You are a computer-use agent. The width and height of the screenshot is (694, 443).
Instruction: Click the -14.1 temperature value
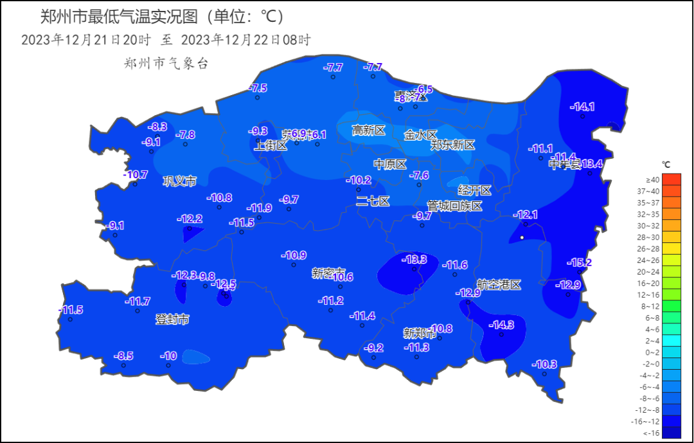pyautogui.click(x=583, y=107)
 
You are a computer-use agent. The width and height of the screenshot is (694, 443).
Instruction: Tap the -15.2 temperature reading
pyautogui.click(x=579, y=262)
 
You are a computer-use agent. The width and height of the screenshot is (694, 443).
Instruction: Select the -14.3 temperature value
pyautogui.click(x=501, y=325)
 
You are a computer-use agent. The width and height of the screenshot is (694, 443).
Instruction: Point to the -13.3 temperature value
pyautogui.click(x=414, y=260)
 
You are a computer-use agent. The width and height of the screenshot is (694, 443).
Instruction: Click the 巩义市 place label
pyautogui.click(x=179, y=181)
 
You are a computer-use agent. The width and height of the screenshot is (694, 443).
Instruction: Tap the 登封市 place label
pyautogui.click(x=172, y=320)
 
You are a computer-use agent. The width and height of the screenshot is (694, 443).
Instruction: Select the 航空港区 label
pyautogui.click(x=499, y=285)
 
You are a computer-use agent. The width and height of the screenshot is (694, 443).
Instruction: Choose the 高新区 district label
pyautogui.click(x=368, y=131)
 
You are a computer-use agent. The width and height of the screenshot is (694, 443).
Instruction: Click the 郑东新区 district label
pyautogui.click(x=452, y=145)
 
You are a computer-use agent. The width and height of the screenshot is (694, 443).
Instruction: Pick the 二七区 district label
pyautogui.click(x=373, y=201)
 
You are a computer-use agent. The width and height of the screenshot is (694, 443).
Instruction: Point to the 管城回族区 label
pyautogui.click(x=454, y=206)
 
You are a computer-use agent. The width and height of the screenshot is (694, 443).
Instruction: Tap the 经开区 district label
pyautogui.click(x=474, y=190)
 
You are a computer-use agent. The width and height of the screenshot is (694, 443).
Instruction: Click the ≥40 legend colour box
pyautogui.click(x=652, y=179)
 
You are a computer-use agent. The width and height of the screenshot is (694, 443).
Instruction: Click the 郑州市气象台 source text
pyautogui.click(x=166, y=63)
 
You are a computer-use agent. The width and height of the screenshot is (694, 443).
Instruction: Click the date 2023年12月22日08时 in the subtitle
pyautogui.click(x=246, y=40)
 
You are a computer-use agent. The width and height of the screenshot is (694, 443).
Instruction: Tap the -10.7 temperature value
pyautogui.click(x=136, y=175)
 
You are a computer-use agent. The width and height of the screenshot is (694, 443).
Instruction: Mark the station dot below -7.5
pyautogui.click(x=257, y=98)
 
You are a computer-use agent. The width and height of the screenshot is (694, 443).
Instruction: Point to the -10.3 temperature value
pyautogui.click(x=544, y=365)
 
